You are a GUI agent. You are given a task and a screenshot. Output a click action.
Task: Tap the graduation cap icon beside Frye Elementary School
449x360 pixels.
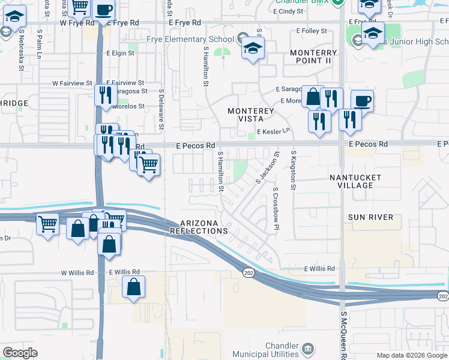pyautogui.click(x=253, y=48)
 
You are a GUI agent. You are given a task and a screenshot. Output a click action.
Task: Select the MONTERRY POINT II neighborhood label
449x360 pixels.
pyautogui.click(x=318, y=57)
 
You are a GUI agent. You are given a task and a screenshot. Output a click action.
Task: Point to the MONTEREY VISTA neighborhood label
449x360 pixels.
pyautogui.click(x=250, y=115)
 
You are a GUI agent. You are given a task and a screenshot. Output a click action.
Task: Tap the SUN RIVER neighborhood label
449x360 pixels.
pyautogui.click(x=370, y=217)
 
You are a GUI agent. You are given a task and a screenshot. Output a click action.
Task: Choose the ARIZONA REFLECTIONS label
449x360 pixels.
pyautogui.click(x=199, y=226)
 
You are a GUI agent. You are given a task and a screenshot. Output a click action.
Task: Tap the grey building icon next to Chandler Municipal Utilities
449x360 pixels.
pyautogui.click(x=307, y=347)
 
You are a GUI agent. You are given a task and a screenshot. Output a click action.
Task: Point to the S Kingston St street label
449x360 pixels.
pyautogui.click(x=293, y=171)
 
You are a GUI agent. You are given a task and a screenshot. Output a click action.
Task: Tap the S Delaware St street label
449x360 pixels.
pyautogui.click(x=161, y=109)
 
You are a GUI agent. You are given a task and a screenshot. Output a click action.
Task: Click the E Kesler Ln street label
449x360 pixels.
pyautogui.click(x=273, y=131)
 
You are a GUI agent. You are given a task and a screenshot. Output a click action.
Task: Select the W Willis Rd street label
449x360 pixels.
pyautogui.click(x=77, y=272)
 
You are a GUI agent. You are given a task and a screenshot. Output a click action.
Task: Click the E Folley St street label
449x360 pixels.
pyautogui.click(x=312, y=31)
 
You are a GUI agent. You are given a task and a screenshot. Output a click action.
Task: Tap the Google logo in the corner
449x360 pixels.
pyautogui.click(x=20, y=353)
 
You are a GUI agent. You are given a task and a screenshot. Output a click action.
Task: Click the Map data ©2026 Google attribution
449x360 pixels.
pyautogui.click(x=411, y=355)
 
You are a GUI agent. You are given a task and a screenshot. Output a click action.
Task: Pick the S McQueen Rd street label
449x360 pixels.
pyautogui.click(x=344, y=339)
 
